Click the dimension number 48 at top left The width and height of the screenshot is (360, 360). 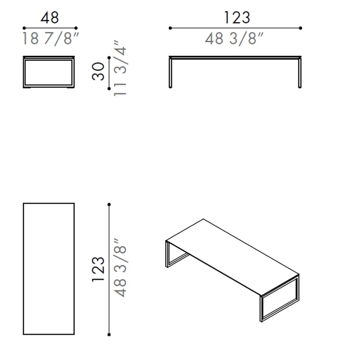coord(50,18)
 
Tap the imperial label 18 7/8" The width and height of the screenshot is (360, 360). coord(50,39)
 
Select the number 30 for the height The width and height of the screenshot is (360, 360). coord(98,71)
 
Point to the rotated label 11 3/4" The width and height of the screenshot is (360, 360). coord(120,68)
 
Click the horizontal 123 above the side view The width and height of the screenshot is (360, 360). coord(237,18)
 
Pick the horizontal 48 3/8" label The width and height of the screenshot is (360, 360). coord(234,39)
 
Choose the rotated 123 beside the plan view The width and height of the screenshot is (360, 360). coord(98,269)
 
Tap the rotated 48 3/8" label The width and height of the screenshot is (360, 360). coord(120,268)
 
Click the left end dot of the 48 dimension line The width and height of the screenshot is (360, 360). coord(24,28)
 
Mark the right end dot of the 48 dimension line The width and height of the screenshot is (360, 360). coord(76,28)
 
